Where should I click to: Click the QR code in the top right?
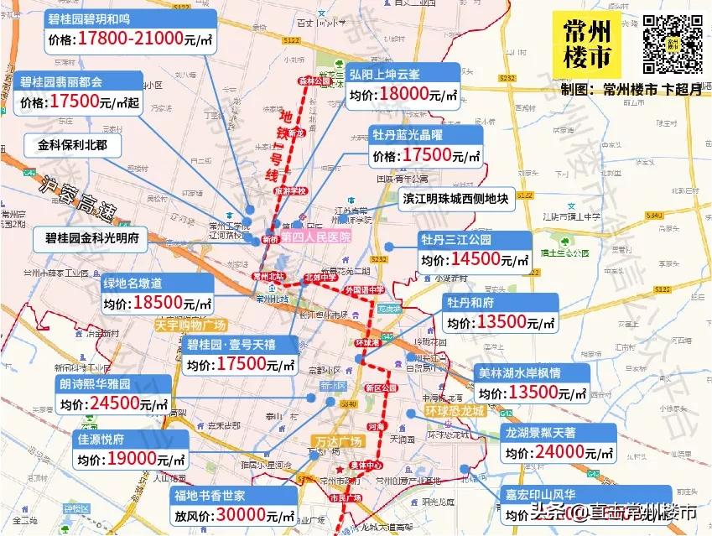(673, 44)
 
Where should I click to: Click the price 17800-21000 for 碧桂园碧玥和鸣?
(131, 39)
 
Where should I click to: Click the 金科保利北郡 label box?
(73, 145)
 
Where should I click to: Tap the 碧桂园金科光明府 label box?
(91, 238)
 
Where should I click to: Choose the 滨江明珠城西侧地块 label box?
(455, 199)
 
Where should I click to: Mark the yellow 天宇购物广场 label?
(191, 325)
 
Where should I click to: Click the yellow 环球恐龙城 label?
(455, 412)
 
